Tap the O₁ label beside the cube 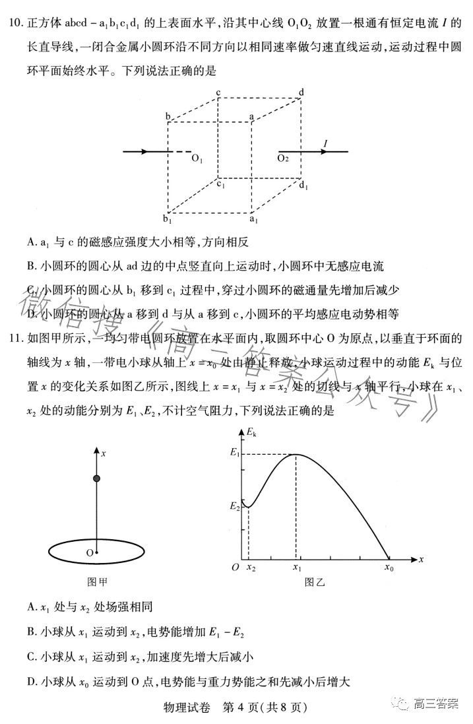197,159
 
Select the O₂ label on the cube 283,159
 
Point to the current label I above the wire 325,143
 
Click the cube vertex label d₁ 303,186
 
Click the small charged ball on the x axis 97,478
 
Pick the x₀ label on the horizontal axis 389,566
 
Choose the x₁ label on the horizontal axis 297,566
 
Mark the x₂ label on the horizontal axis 251,566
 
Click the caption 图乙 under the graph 315,583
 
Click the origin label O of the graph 234,566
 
